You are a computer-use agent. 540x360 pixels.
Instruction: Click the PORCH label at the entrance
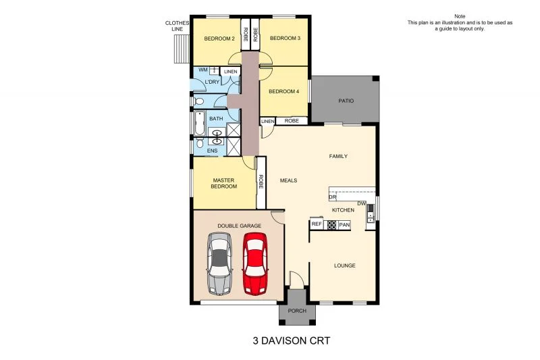(x=297, y=311)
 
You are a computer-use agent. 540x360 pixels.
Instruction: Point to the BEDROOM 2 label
(x=219, y=38)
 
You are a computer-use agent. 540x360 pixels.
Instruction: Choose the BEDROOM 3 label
(x=285, y=38)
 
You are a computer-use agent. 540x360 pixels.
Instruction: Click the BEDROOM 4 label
(x=283, y=91)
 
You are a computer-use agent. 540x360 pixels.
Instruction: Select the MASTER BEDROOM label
(x=223, y=183)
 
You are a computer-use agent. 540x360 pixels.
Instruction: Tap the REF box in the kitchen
(x=317, y=224)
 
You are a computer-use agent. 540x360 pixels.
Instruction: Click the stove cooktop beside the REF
(x=331, y=225)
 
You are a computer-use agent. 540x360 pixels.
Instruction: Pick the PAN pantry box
(x=344, y=224)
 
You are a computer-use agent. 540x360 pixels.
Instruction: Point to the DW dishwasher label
(x=361, y=203)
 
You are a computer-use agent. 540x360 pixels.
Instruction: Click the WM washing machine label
(x=202, y=70)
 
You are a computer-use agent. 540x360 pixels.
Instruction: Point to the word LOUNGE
(x=344, y=265)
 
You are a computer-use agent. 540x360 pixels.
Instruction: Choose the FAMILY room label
(x=338, y=156)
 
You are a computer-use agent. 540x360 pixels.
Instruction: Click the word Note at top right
(x=460, y=16)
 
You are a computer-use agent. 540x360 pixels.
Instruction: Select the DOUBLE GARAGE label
(x=239, y=225)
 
